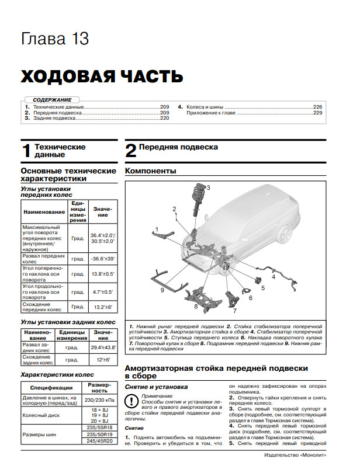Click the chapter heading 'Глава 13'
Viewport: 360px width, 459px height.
(55, 39)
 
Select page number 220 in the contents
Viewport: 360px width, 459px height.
(165, 118)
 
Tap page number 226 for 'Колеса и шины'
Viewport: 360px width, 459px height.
(317, 107)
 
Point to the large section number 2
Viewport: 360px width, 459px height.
(131, 151)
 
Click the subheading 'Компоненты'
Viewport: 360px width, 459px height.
(151, 171)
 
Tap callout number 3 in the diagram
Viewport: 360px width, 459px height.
(207, 187)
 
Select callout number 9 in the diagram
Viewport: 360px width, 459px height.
(162, 290)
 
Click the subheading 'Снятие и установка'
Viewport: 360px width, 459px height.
(155, 387)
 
